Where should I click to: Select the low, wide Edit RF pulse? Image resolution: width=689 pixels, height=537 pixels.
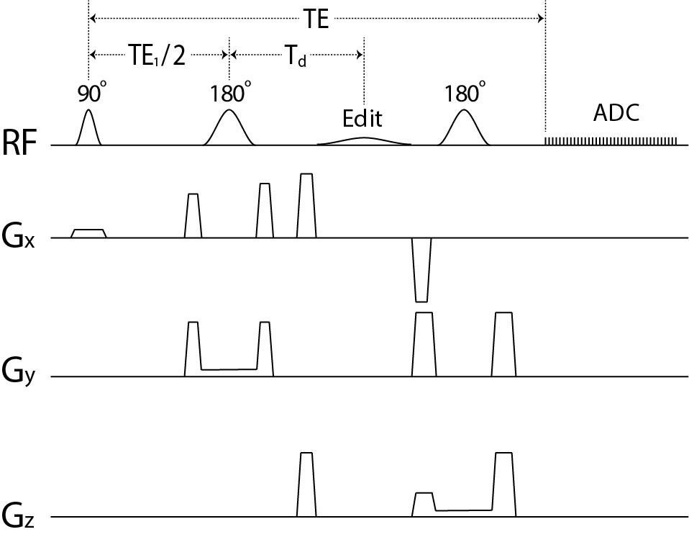point(364,140)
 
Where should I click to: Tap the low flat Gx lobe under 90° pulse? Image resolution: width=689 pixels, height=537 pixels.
point(88,233)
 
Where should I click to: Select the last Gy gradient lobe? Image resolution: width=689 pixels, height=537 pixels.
point(503,344)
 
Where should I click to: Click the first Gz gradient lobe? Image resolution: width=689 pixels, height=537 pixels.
point(306,484)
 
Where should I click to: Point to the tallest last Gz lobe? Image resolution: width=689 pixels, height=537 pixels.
point(504,484)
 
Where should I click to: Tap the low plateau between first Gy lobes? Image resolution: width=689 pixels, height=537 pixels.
point(229,370)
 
